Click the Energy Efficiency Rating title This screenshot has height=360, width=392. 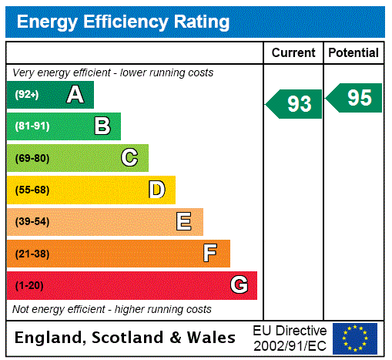[x=123, y=22]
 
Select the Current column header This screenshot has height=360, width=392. [x=293, y=52]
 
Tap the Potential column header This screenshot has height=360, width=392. [x=353, y=52]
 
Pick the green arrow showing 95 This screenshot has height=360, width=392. [x=354, y=98]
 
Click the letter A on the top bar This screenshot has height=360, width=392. [x=75, y=95]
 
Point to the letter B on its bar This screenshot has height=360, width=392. [x=102, y=126]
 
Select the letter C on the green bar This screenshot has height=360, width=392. [x=129, y=158]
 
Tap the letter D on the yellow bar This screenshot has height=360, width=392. [x=156, y=190]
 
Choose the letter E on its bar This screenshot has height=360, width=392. [x=184, y=222]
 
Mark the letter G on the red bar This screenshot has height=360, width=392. [x=239, y=286]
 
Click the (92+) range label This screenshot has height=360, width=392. [x=27, y=95]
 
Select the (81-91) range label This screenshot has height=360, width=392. [x=32, y=126]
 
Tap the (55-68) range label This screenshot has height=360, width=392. [x=32, y=190]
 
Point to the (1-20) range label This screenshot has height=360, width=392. [x=29, y=286]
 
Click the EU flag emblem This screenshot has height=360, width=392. [x=355, y=338]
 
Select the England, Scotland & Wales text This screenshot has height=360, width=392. [x=126, y=338]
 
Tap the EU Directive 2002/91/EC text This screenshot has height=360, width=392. [x=290, y=338]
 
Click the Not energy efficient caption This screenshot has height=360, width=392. [x=112, y=309]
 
